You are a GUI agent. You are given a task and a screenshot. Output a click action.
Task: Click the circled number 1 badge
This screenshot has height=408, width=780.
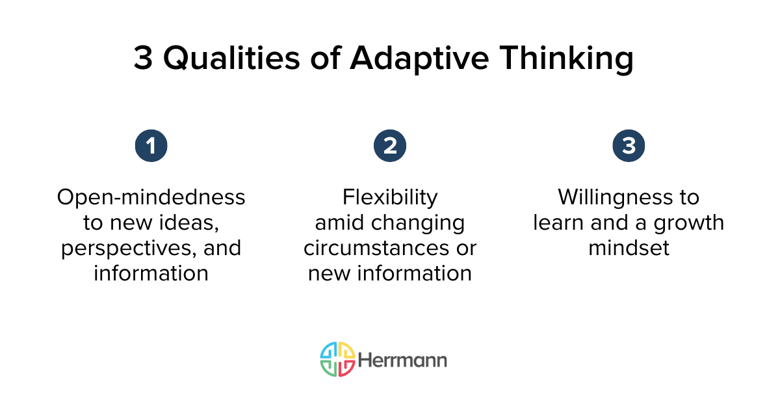[151, 146]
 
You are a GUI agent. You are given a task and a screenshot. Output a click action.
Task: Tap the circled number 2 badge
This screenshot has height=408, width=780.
[389, 146]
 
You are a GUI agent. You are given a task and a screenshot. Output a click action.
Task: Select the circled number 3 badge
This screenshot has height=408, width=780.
[629, 146]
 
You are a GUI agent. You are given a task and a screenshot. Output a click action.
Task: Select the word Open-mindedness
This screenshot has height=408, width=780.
[151, 197]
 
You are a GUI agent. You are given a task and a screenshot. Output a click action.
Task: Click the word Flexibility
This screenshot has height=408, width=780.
[390, 197]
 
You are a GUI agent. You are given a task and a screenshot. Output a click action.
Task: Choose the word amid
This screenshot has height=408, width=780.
[337, 223]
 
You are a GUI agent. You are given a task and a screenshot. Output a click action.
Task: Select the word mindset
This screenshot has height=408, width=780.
[629, 248]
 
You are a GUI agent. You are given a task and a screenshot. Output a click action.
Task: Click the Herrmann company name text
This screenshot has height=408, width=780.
[402, 360]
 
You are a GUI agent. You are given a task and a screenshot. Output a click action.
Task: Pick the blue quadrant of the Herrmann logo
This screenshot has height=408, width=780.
[329, 351]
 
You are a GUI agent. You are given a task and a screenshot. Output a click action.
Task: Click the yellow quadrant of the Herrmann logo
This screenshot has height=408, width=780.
[346, 351]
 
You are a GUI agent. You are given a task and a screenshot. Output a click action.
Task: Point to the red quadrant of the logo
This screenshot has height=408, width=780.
[346, 368]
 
